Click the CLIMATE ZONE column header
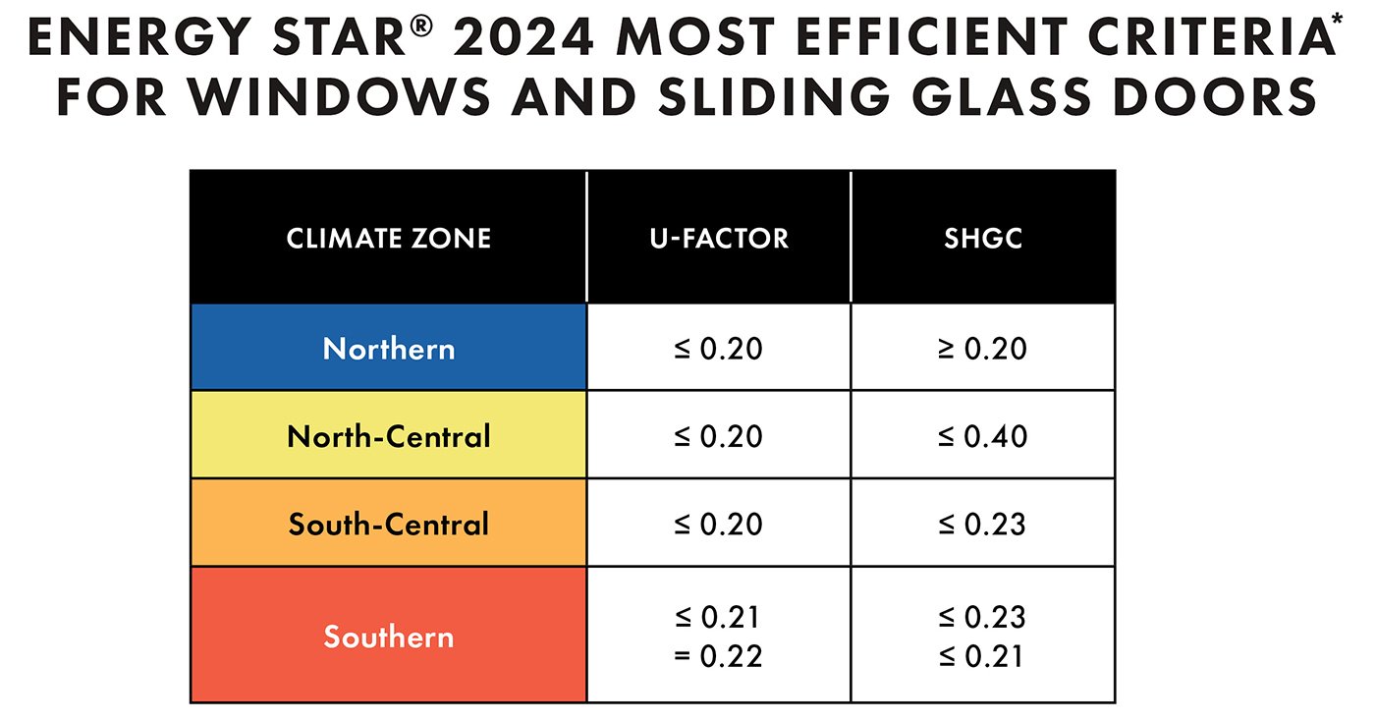(x=389, y=238)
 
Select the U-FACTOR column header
(x=718, y=238)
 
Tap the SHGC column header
(x=982, y=238)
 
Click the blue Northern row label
(x=389, y=349)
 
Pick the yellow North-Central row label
(x=389, y=436)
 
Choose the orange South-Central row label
(x=389, y=524)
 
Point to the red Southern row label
(x=389, y=637)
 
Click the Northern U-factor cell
(x=718, y=349)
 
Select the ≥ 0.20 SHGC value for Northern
(x=982, y=349)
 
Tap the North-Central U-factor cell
(x=718, y=436)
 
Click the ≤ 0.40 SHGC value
(x=982, y=436)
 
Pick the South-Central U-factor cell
(x=718, y=524)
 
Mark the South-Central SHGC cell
(x=982, y=524)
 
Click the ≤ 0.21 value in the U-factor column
(x=718, y=617)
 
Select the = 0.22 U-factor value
(x=718, y=655)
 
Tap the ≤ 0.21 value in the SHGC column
(x=982, y=655)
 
